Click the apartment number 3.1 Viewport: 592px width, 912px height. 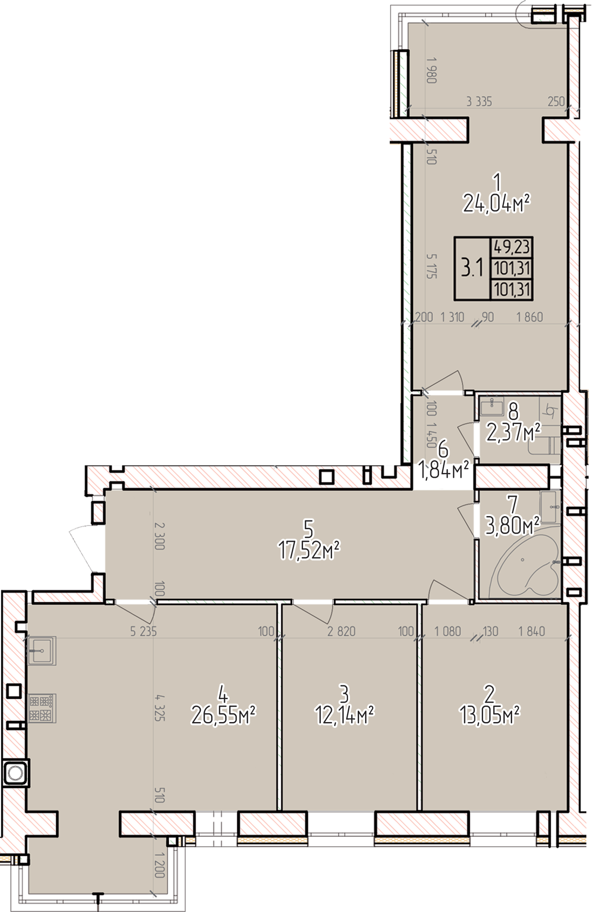pyautogui.click(x=472, y=267)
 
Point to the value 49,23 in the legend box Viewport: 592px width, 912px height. pyautogui.click(x=512, y=247)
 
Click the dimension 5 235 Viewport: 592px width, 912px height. pyautogui.click(x=144, y=631)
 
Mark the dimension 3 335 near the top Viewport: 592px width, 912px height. pyautogui.click(x=479, y=102)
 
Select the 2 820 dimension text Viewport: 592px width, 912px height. pyautogui.click(x=341, y=631)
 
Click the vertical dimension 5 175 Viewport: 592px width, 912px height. pyautogui.click(x=432, y=266)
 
